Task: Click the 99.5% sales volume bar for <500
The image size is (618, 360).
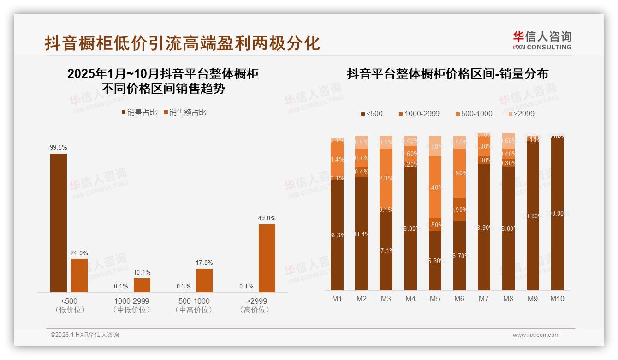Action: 59,222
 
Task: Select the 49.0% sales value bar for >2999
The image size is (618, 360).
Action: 267,258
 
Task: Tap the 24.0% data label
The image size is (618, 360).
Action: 79,253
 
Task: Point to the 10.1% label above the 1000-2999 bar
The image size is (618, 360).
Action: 142,272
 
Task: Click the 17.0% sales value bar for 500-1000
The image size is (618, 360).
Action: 204,280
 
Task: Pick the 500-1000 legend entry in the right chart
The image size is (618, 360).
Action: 474,114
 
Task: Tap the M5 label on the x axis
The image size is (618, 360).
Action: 434,299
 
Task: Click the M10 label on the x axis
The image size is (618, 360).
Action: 557,299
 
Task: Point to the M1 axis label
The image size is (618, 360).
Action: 337,299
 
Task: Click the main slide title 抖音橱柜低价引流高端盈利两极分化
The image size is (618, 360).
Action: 182,43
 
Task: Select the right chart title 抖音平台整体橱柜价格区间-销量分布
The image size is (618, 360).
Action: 447,74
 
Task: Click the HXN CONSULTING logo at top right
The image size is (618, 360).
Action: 542,40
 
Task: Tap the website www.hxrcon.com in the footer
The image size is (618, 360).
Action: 535,335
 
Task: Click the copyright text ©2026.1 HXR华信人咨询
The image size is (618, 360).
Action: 85,335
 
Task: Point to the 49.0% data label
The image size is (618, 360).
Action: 267,218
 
